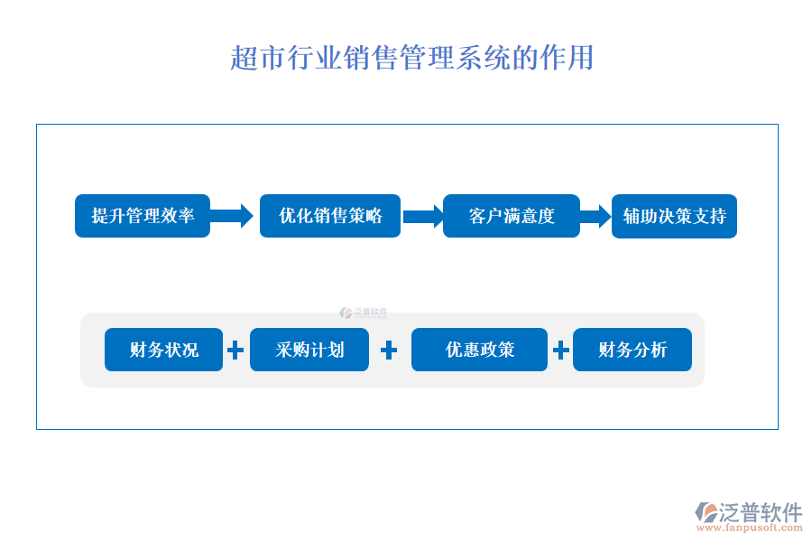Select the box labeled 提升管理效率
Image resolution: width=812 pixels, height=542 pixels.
(143, 216)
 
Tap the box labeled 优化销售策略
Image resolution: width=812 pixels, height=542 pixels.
(330, 216)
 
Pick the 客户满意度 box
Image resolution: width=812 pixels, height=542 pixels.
(512, 216)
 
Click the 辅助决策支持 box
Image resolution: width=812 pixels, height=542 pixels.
(674, 217)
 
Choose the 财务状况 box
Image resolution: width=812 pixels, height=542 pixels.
(163, 350)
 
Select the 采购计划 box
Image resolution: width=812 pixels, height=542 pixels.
(309, 350)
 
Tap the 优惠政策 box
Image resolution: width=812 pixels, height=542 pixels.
(479, 350)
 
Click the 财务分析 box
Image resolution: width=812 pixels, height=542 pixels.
(632, 350)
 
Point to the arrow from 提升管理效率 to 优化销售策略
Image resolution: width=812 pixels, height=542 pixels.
(233, 216)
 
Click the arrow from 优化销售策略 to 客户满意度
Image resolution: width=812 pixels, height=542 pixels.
(422, 216)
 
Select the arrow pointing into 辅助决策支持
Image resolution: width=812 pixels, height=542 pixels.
(595, 216)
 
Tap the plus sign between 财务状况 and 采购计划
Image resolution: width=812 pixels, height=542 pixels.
(235, 350)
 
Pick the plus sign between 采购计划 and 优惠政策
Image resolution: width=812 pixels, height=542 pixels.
(390, 350)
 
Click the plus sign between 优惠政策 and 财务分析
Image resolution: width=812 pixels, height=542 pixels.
(560, 350)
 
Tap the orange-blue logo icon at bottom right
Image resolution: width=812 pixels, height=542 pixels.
(706, 513)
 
